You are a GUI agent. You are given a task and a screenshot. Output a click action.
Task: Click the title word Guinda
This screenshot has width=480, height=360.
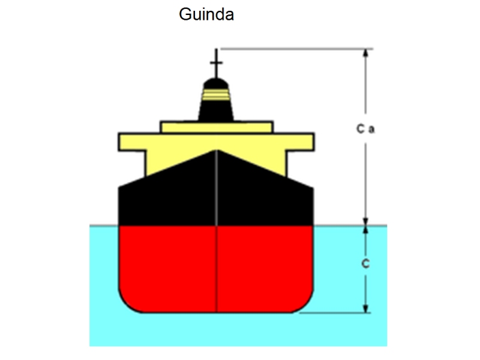206,15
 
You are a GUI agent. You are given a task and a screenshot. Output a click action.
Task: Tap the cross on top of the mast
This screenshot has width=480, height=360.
216,62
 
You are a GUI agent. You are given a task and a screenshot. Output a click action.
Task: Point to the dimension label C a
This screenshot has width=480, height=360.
365,129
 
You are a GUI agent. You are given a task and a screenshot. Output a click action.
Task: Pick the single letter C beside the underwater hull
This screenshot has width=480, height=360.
365,264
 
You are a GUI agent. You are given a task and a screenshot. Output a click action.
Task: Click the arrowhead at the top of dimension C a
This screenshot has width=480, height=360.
365,53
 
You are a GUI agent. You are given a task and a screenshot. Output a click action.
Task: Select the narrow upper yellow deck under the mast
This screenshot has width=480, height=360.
216,127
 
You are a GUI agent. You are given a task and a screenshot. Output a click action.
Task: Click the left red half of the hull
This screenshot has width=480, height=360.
168,264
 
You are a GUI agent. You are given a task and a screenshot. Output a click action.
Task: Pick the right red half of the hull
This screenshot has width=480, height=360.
264,264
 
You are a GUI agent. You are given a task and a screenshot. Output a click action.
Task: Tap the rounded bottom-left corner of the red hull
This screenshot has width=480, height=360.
127,303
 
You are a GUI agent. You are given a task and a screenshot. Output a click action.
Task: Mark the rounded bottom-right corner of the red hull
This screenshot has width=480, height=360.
305,303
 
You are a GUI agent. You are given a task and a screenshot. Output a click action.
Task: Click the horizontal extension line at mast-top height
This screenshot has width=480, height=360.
294,49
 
